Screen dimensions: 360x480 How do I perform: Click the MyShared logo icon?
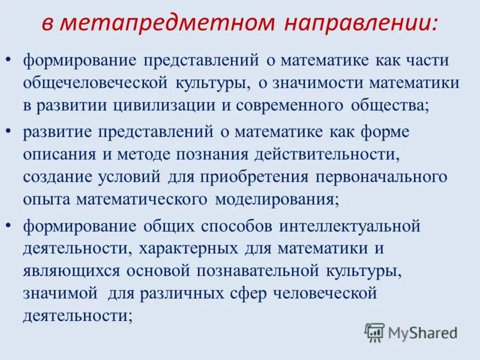tap(374, 332)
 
